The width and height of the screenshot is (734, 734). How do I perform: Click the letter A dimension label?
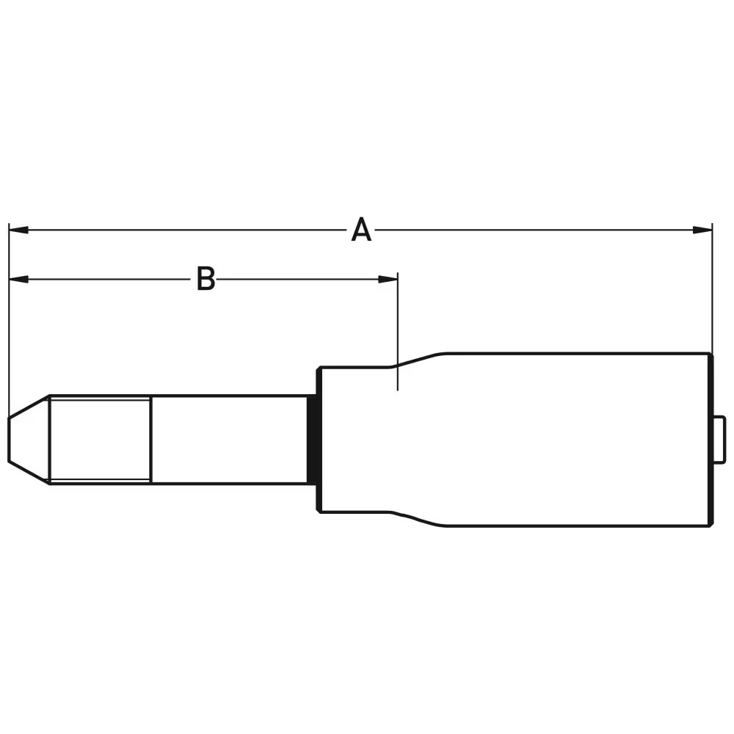tap(360, 230)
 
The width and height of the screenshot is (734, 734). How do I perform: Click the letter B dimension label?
tap(206, 279)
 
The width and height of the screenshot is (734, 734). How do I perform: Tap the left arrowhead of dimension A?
tap(18, 230)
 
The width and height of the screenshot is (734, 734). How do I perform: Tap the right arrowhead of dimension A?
tap(702, 230)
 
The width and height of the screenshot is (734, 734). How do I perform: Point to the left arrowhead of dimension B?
tap(18, 279)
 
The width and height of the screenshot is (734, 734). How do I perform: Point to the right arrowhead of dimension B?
tap(388, 279)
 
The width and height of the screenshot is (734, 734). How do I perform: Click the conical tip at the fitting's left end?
tap(28, 439)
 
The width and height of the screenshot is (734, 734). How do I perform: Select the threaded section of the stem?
tap(100, 439)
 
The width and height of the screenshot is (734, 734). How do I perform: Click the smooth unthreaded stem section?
tap(228, 439)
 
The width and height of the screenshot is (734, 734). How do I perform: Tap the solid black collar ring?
tap(312, 439)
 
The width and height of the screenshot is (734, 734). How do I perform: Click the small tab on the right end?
tap(720, 439)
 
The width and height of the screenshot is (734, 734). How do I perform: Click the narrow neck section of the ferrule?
tap(356, 439)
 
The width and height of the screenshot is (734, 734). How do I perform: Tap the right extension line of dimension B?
tap(397, 330)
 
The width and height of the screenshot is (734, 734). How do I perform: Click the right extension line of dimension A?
tap(712, 294)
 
